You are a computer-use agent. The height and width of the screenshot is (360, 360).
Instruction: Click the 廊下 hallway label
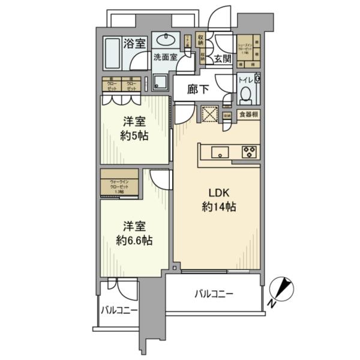point(197,89)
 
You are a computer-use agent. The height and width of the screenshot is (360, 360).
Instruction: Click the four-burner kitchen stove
point(249,151)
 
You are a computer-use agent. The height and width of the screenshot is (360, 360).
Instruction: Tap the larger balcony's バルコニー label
point(214,294)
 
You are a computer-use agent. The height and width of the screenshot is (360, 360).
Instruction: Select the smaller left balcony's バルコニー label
point(118,311)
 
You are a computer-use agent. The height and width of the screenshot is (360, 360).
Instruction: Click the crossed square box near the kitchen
point(209,114)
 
